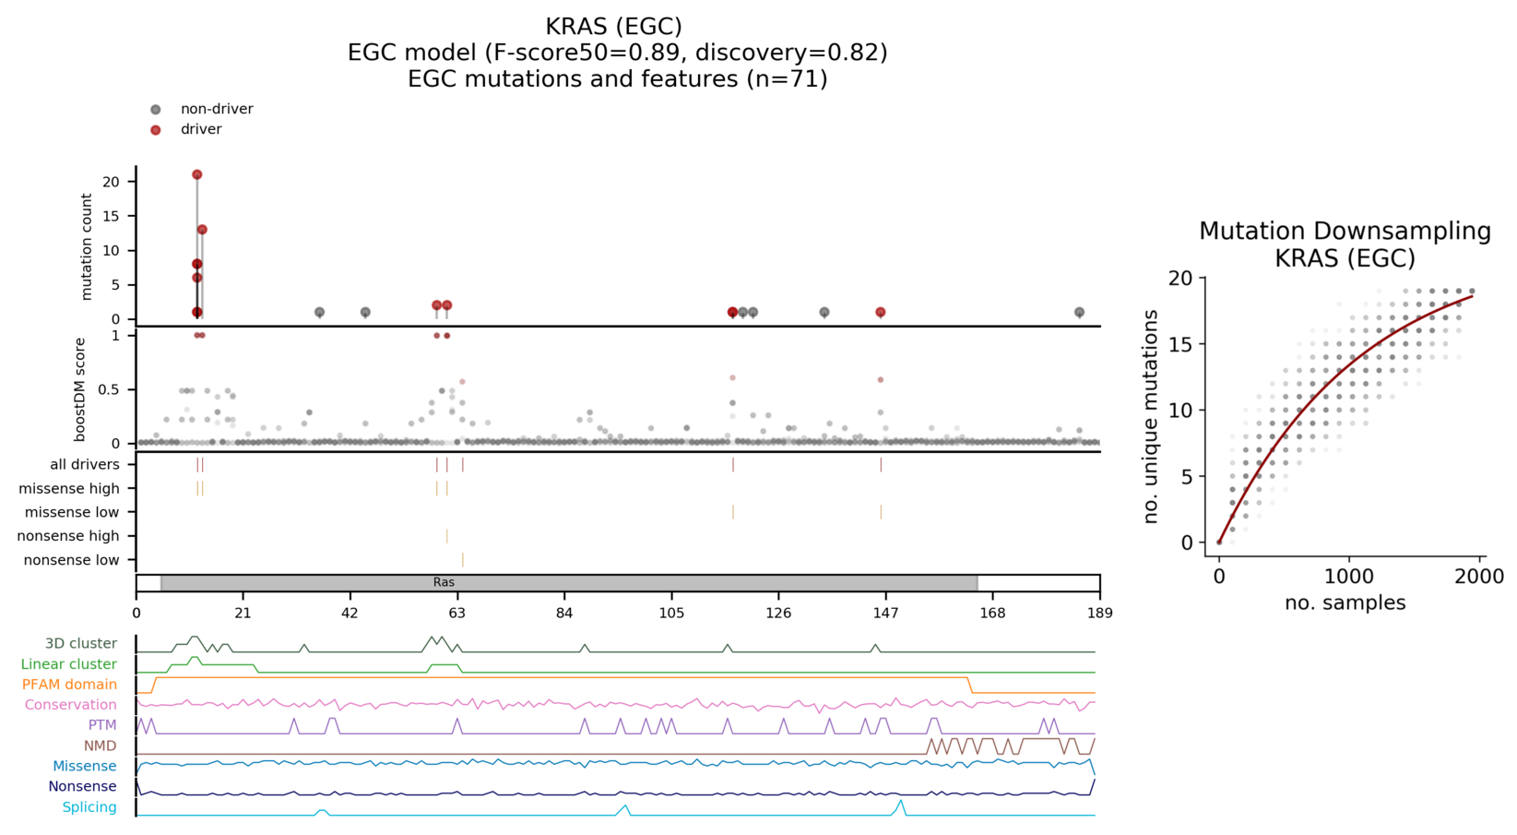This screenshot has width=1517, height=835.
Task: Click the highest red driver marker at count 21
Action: [x=196, y=174]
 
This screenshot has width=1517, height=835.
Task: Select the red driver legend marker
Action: [x=156, y=130]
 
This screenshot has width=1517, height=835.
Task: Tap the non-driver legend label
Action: [x=217, y=109]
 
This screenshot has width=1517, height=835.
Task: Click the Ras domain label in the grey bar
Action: [x=444, y=583]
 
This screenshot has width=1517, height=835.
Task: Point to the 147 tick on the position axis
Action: [x=885, y=614]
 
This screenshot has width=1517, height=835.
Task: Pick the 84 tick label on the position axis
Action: [x=564, y=614]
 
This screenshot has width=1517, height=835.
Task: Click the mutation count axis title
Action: [x=87, y=246]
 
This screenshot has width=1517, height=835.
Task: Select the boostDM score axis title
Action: [x=81, y=388]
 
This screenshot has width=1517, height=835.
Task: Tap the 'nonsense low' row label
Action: [x=72, y=560]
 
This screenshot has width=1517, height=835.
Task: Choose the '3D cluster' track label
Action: [x=81, y=644]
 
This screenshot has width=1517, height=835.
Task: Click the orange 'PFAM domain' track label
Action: [x=70, y=685]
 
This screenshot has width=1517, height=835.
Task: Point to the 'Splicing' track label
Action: [x=89, y=807]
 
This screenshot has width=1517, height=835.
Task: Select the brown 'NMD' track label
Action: [x=100, y=746]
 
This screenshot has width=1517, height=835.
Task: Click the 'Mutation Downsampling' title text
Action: [x=1345, y=232]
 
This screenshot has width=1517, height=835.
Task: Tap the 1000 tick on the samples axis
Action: [x=1349, y=577]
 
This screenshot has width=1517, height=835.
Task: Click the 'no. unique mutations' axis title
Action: [x=1151, y=416]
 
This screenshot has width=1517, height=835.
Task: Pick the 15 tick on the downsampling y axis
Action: [x=1181, y=344]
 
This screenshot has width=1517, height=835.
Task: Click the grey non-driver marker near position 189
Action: [x=1079, y=313]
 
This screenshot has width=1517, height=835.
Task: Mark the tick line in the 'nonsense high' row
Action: [x=447, y=536]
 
